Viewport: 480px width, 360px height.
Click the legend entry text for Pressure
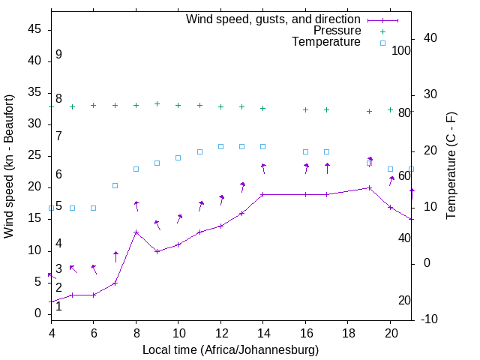[x=337, y=31]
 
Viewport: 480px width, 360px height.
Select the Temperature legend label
[x=326, y=42]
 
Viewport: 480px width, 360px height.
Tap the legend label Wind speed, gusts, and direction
[x=274, y=19]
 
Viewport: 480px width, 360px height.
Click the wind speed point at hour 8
[x=136, y=232]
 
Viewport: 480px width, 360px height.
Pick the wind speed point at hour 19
[x=370, y=187]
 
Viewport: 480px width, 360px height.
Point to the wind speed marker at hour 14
[x=262, y=194]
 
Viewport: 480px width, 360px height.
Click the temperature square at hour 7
[x=115, y=185]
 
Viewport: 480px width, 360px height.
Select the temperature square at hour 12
[x=220, y=146]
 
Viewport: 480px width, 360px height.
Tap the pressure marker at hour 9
[x=157, y=103]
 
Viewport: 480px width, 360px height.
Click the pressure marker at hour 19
[x=370, y=111]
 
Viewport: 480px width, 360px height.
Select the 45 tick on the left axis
[x=34, y=29]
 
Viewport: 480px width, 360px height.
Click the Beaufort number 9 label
[x=58, y=55]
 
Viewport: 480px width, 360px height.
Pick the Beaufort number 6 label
[x=58, y=174]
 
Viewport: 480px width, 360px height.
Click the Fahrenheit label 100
[x=402, y=51]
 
